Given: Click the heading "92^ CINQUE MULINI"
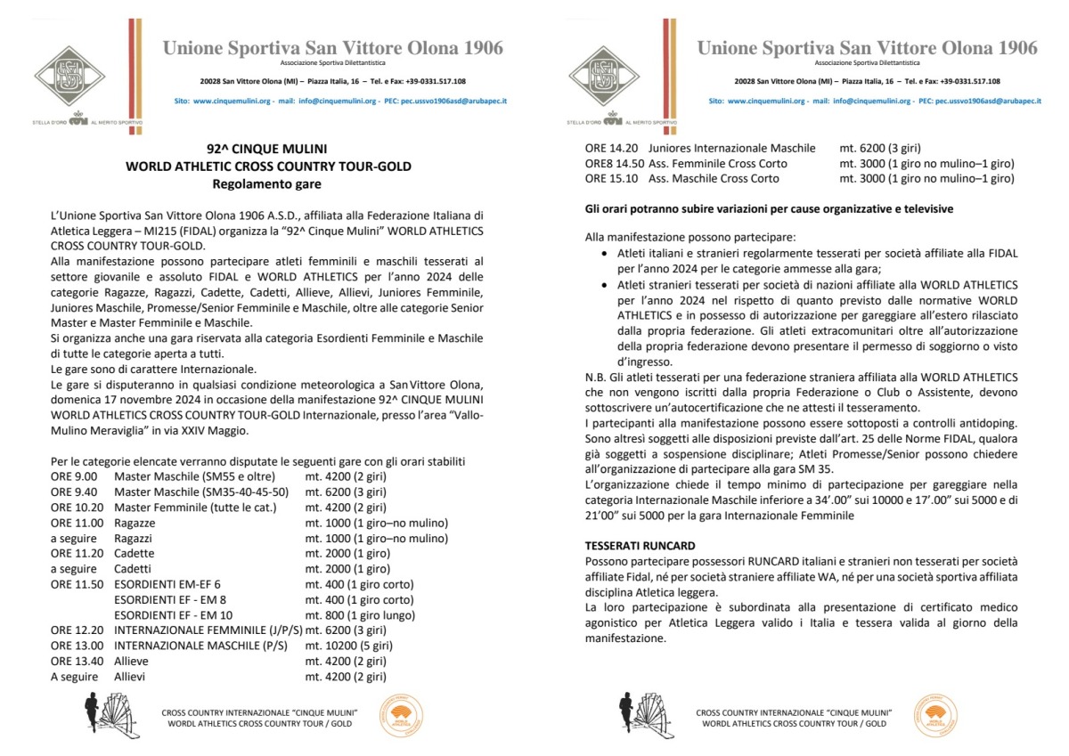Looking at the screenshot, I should click(268, 150).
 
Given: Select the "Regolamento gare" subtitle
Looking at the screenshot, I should click(268, 184).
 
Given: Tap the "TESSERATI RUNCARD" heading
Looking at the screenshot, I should click(640, 545).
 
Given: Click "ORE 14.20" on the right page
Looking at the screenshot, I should click(611, 148).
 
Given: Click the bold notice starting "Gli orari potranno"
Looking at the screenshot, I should click(769, 208).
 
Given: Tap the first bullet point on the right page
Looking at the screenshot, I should click(606, 254).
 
